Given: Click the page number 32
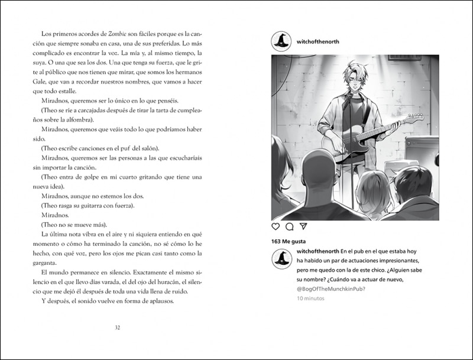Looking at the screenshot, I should (x=118, y=328).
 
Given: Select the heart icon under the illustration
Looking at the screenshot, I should (x=276, y=226).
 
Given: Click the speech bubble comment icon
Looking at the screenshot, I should (x=290, y=226).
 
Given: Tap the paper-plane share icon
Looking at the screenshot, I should (x=303, y=226).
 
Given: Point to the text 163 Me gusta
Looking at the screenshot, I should (x=289, y=241).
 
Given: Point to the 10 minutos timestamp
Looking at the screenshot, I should (x=310, y=299).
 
